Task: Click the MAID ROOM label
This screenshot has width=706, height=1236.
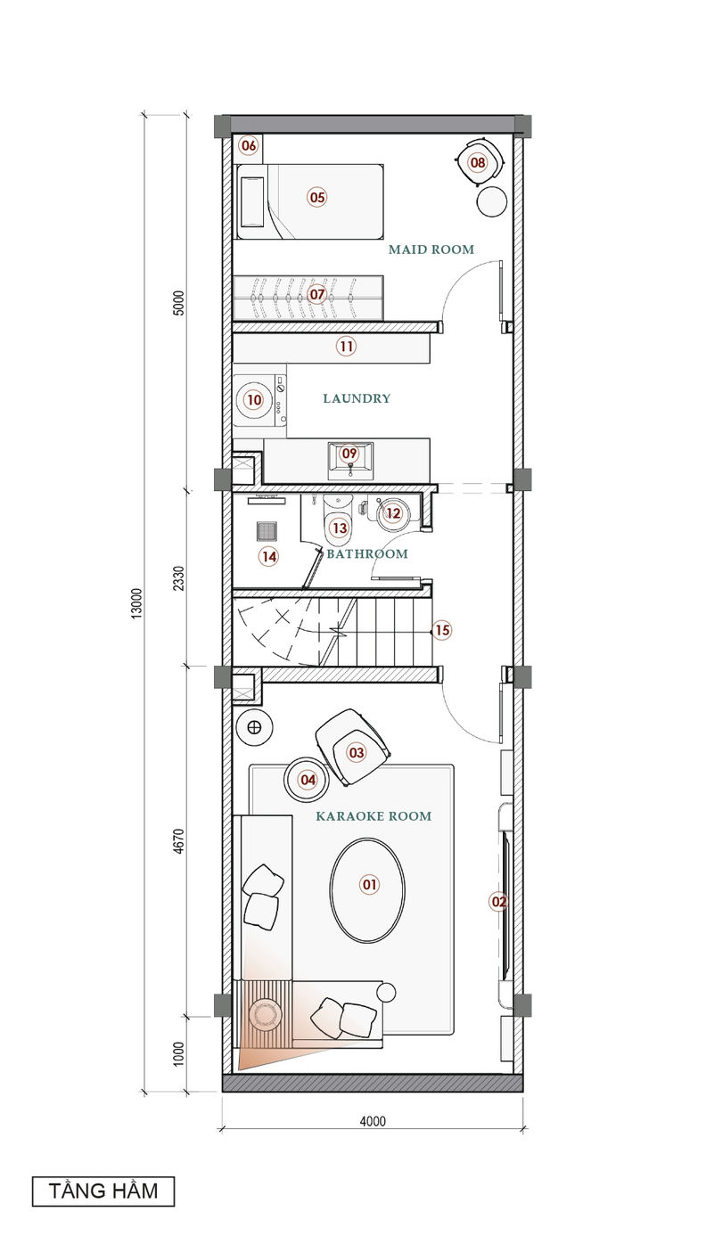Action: click(x=431, y=250)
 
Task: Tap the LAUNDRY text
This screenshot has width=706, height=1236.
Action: click(x=357, y=398)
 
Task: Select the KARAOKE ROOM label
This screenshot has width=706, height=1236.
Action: click(x=374, y=816)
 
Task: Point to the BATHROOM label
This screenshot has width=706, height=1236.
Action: click(x=367, y=553)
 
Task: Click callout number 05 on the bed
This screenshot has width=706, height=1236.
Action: click(x=317, y=198)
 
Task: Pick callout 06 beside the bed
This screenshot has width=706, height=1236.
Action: click(x=249, y=145)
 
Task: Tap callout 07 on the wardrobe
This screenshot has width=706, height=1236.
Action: click(x=316, y=294)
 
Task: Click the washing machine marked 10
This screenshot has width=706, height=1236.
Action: click(x=259, y=400)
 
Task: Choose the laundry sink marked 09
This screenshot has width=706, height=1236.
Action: click(x=350, y=461)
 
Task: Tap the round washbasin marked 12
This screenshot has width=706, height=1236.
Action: click(x=392, y=513)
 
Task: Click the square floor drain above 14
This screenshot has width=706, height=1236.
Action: click(x=266, y=531)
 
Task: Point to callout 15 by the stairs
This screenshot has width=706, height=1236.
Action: click(x=442, y=630)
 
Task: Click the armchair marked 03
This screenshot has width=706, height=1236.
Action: click(x=353, y=747)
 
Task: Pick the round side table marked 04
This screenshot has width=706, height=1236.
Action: click(x=307, y=780)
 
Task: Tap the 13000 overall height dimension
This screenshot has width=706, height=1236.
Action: click(x=136, y=603)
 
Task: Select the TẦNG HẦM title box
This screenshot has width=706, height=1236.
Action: click(x=103, y=1191)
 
